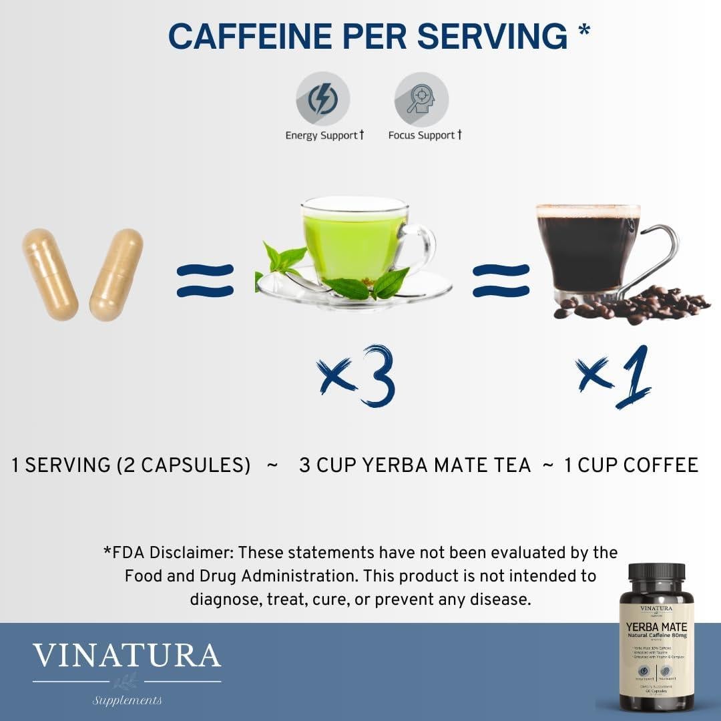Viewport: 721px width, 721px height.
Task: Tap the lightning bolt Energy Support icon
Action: [323, 99]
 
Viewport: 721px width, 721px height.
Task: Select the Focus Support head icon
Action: [421, 99]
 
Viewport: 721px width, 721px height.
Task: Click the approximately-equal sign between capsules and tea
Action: [205, 281]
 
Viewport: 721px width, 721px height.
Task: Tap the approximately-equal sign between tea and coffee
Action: [501, 281]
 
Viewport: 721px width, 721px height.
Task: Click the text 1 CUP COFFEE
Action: [631, 465]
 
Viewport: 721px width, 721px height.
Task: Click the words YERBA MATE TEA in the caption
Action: [446, 465]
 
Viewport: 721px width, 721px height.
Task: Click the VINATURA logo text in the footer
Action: [127, 656]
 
